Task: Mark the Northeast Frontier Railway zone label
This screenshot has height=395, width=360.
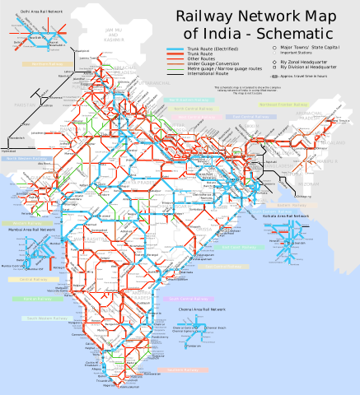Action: coord(280,105)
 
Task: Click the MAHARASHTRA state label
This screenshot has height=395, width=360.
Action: coord(91,239)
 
